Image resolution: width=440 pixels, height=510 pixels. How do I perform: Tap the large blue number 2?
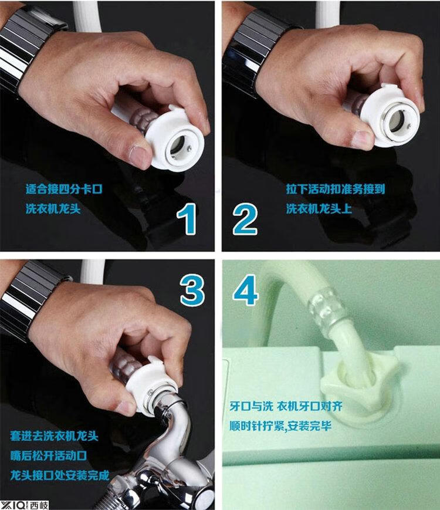click(245, 219)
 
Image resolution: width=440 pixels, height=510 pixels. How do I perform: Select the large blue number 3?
click(192, 291)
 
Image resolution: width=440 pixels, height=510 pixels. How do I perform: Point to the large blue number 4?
click(246, 290)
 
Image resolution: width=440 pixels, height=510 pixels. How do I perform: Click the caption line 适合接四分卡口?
click(64, 189)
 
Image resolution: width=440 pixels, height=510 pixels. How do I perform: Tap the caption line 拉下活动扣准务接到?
click(336, 189)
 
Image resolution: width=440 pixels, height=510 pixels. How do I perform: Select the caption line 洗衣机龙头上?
click(319, 208)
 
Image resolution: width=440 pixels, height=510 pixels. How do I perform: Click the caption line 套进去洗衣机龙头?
click(54, 436)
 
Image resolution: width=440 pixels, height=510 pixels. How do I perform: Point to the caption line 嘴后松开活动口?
click(49, 455)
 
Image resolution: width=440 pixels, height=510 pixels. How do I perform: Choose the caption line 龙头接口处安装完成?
click(59, 475)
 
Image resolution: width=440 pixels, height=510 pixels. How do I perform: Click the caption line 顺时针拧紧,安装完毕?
click(280, 425)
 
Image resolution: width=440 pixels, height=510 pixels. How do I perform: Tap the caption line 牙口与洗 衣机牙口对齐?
click(286, 406)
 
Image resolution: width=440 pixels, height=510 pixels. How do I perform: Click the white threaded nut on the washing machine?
click(359, 384)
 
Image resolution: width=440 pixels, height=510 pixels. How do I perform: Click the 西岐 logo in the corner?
click(25, 505)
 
